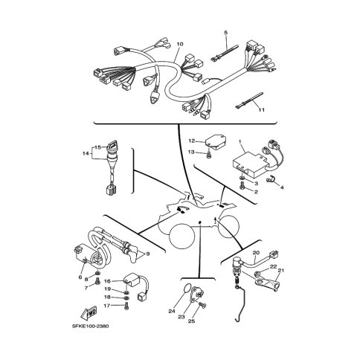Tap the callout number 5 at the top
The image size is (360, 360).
click(225, 33)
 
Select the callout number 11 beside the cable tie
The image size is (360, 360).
click(262, 109)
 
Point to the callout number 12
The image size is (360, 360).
click(192, 141)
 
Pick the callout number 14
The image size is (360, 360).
click(86, 153)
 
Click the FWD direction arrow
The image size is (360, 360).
click(89, 313)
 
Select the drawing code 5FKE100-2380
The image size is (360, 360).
click(90, 326)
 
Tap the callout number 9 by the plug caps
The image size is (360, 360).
click(148, 254)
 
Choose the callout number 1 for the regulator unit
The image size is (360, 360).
click(240, 141)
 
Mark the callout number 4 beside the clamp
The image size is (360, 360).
click(282, 187)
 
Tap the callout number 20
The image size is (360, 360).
click(256, 253)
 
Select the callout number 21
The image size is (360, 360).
click(281, 270)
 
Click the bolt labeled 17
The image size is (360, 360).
click(126, 306)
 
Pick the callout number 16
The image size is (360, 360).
click(107, 281)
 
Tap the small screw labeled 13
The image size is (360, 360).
click(209, 155)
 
